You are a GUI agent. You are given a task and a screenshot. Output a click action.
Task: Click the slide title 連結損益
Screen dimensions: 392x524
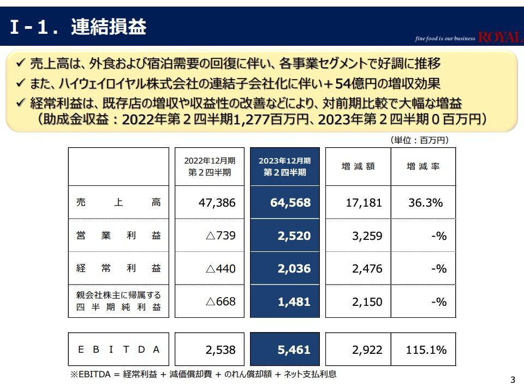coord(109,27)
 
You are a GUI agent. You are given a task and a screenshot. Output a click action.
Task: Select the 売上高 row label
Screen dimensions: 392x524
coord(118,203)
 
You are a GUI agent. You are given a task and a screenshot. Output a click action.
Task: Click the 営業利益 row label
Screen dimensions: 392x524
coord(118,236)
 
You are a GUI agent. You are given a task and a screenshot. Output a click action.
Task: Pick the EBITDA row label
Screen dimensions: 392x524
coord(118,349)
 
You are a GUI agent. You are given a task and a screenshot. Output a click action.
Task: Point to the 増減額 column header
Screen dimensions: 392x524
coord(358,167)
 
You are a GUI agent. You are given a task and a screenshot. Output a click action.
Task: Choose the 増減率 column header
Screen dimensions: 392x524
coord(423,167)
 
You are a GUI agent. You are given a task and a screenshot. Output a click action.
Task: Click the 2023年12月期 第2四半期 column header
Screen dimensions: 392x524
coord(284,166)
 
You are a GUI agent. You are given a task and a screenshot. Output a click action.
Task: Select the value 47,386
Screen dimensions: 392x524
coord(217,203)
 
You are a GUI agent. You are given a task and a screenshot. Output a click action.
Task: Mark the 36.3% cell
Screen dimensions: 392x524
coord(425,203)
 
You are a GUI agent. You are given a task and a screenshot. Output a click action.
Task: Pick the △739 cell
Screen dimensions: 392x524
coord(221,236)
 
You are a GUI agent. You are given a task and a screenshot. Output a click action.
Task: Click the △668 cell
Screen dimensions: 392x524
coord(221,301)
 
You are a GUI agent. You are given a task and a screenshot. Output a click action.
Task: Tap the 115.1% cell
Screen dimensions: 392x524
coord(426,349)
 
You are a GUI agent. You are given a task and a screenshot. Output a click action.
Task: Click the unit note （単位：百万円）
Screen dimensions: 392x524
coord(419,140)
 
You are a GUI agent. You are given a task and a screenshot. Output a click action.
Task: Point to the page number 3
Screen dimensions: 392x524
coord(512,380)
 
